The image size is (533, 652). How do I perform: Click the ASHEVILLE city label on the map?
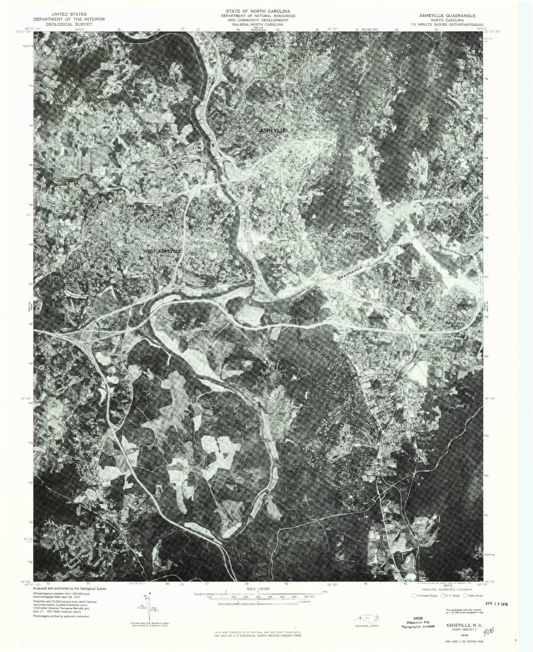point(273,131)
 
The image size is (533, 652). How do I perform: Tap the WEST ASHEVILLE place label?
point(162,251)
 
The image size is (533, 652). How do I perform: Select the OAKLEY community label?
point(463,305)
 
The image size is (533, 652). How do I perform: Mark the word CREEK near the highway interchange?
point(97,349)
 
